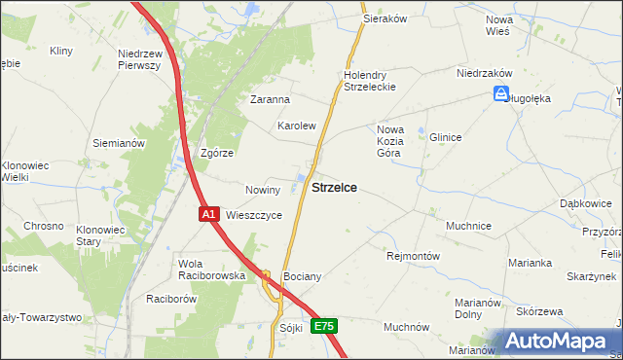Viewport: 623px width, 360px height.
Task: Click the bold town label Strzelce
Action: (x=333, y=189)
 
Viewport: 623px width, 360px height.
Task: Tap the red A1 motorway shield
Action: (x=209, y=214)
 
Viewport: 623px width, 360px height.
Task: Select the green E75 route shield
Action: (x=324, y=327)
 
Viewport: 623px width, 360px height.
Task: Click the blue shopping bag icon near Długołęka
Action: (x=500, y=94)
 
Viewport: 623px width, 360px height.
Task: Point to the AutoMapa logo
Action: (x=557, y=342)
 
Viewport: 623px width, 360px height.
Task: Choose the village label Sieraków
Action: (x=384, y=18)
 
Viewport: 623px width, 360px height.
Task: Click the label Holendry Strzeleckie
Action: (x=367, y=81)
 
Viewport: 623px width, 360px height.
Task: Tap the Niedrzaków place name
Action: (x=485, y=73)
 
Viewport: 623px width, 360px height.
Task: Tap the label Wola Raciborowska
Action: (x=211, y=270)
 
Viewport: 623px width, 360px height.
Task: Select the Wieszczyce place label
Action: (x=254, y=215)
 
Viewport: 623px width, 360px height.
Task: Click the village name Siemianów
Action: (x=119, y=143)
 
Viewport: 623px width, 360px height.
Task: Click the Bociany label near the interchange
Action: (x=302, y=276)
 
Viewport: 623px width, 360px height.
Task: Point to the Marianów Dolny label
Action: (x=477, y=308)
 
